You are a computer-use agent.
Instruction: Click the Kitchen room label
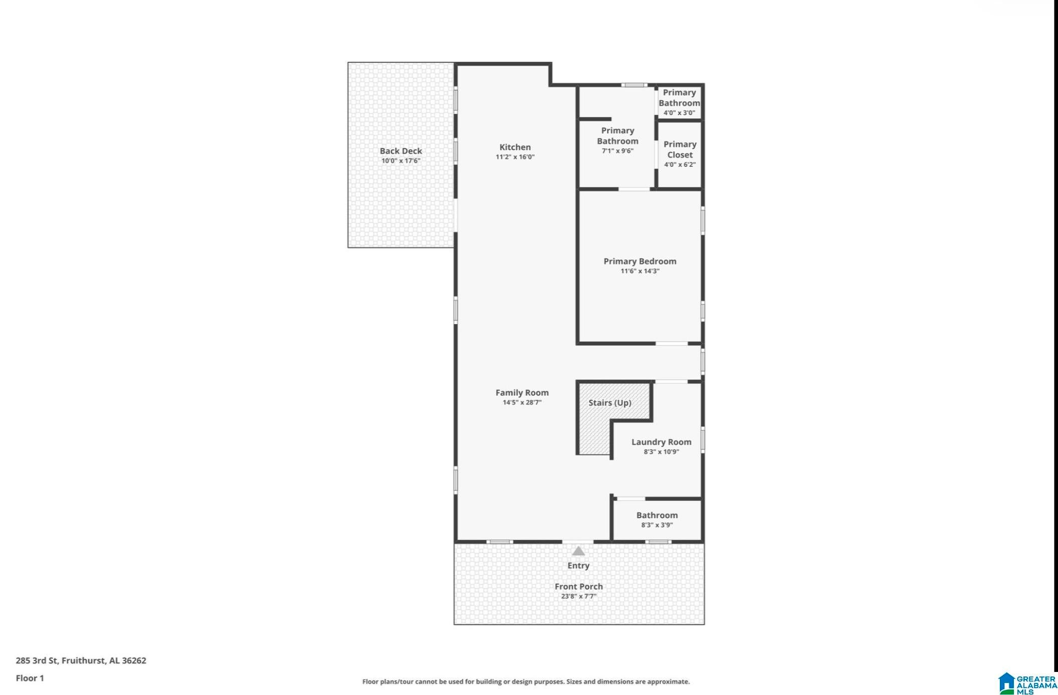point(515,147)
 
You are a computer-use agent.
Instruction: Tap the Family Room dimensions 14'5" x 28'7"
point(522,402)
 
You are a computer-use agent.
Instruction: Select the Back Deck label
point(401,151)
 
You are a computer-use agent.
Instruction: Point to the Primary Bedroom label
point(640,261)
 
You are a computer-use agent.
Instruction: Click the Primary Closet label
point(680,149)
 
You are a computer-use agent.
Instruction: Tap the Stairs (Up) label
point(610,403)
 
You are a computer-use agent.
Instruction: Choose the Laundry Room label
point(662,442)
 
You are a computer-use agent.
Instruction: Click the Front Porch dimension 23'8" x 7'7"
point(579,596)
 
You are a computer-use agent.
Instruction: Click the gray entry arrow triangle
point(578,551)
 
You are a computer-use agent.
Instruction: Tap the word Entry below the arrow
point(578,566)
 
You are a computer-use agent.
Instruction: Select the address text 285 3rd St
point(37,660)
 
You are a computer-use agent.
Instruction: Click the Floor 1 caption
point(30,678)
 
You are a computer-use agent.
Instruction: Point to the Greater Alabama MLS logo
point(1027,683)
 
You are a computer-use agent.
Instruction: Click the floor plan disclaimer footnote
point(526,681)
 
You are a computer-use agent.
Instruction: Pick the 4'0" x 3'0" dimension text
point(679,113)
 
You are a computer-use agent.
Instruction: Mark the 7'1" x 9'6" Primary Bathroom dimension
point(617,151)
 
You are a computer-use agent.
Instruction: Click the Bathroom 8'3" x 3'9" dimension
point(657,525)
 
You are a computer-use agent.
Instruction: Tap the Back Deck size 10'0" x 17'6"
point(401,161)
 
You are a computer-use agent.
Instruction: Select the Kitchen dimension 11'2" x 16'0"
point(515,157)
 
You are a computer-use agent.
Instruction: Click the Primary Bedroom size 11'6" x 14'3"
point(640,271)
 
